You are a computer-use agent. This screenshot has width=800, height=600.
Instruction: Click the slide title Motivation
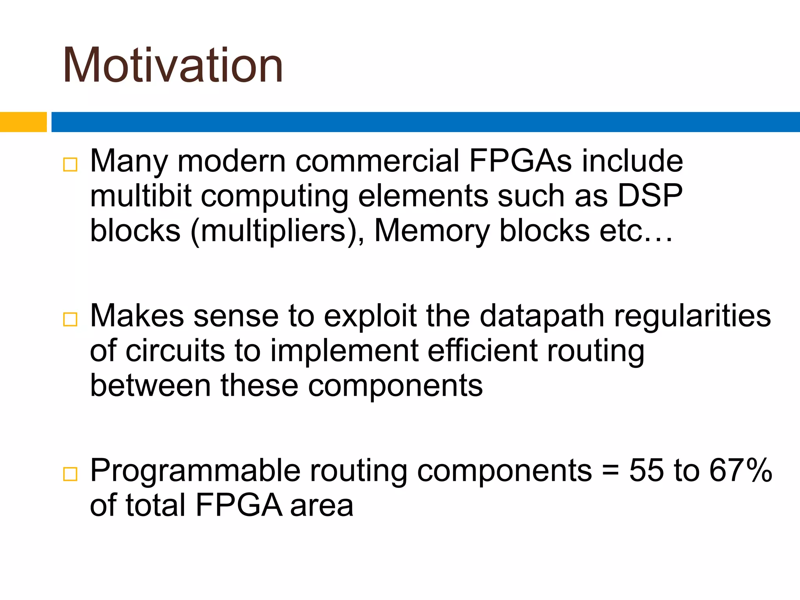click(x=173, y=65)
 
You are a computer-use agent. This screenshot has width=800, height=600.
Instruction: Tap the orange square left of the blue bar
click(x=23, y=122)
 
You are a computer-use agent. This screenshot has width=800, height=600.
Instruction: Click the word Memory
click(x=432, y=231)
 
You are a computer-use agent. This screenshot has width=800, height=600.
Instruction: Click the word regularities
click(x=692, y=316)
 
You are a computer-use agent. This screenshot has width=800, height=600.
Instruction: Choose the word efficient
click(x=482, y=350)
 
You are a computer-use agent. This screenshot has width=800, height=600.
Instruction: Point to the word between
click(x=150, y=385)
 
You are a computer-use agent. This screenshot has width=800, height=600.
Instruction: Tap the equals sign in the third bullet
click(x=610, y=470)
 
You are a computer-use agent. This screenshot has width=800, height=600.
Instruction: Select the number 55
click(x=646, y=470)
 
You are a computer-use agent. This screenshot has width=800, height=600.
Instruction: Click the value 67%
click(x=741, y=470)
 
